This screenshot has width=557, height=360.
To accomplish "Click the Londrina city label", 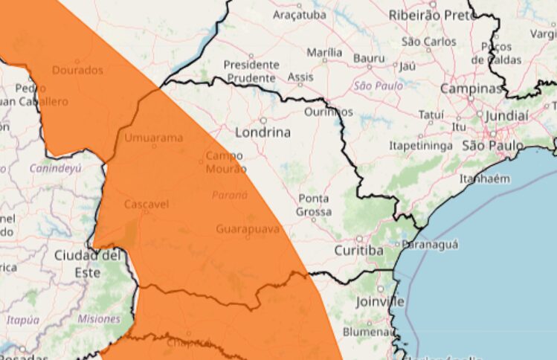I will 263,133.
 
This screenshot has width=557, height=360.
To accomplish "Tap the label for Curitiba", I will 358,251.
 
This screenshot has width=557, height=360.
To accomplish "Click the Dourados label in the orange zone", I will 77,71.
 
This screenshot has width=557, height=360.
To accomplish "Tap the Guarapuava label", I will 247,229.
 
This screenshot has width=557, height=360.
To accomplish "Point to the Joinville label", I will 380,301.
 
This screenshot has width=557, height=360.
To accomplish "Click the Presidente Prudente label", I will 252,71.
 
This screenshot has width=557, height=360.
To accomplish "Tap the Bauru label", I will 370,57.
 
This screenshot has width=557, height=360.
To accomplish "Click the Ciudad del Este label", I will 87,263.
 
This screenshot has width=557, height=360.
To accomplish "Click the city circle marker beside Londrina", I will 263,120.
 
